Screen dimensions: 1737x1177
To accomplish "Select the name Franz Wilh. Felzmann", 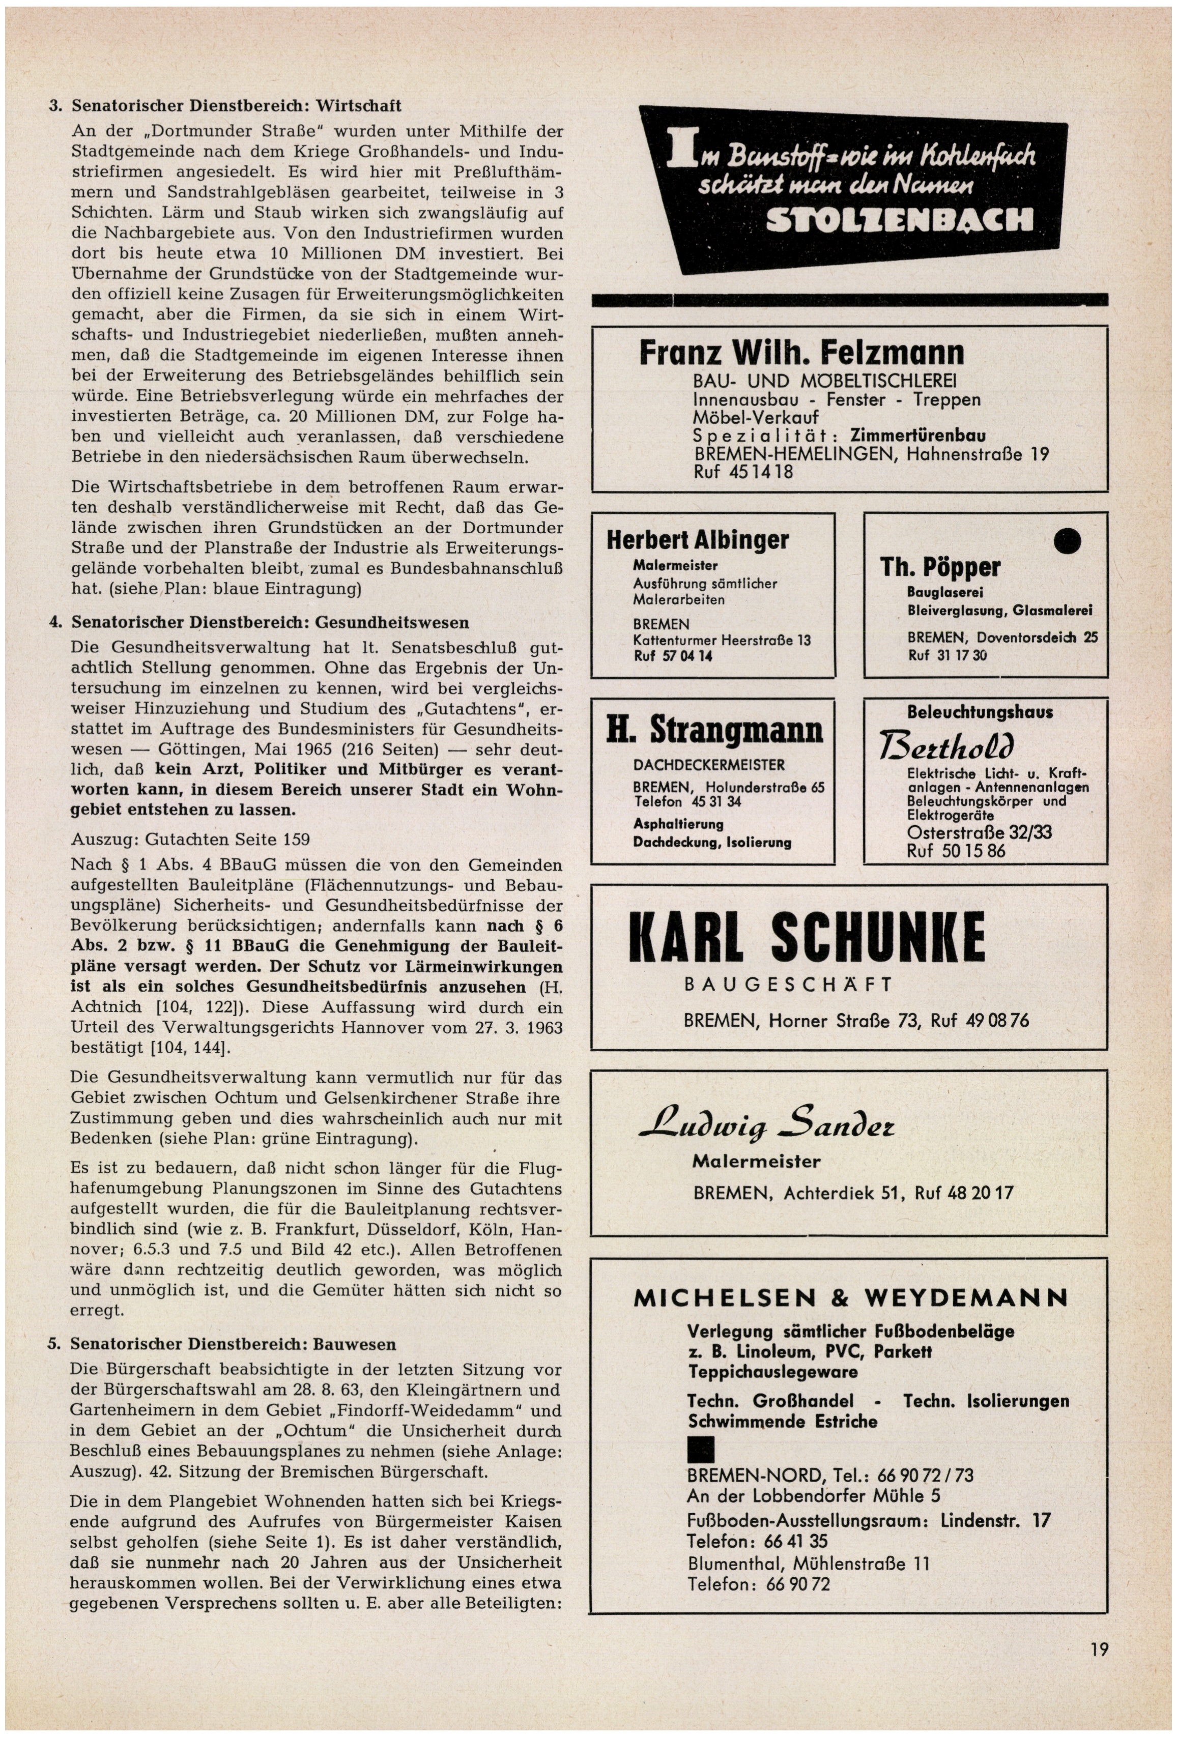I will click(x=801, y=353).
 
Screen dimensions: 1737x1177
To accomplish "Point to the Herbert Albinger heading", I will click(x=697, y=540).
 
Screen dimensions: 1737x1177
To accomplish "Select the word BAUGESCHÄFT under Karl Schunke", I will click(x=788, y=985).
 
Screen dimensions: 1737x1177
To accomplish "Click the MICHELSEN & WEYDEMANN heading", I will click(x=850, y=1297).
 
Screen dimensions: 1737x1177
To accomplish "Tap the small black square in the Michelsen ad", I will click(x=700, y=1450).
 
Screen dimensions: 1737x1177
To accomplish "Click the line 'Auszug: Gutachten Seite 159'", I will click(x=190, y=839).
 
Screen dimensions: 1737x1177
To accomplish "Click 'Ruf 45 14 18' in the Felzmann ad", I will click(x=743, y=472).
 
